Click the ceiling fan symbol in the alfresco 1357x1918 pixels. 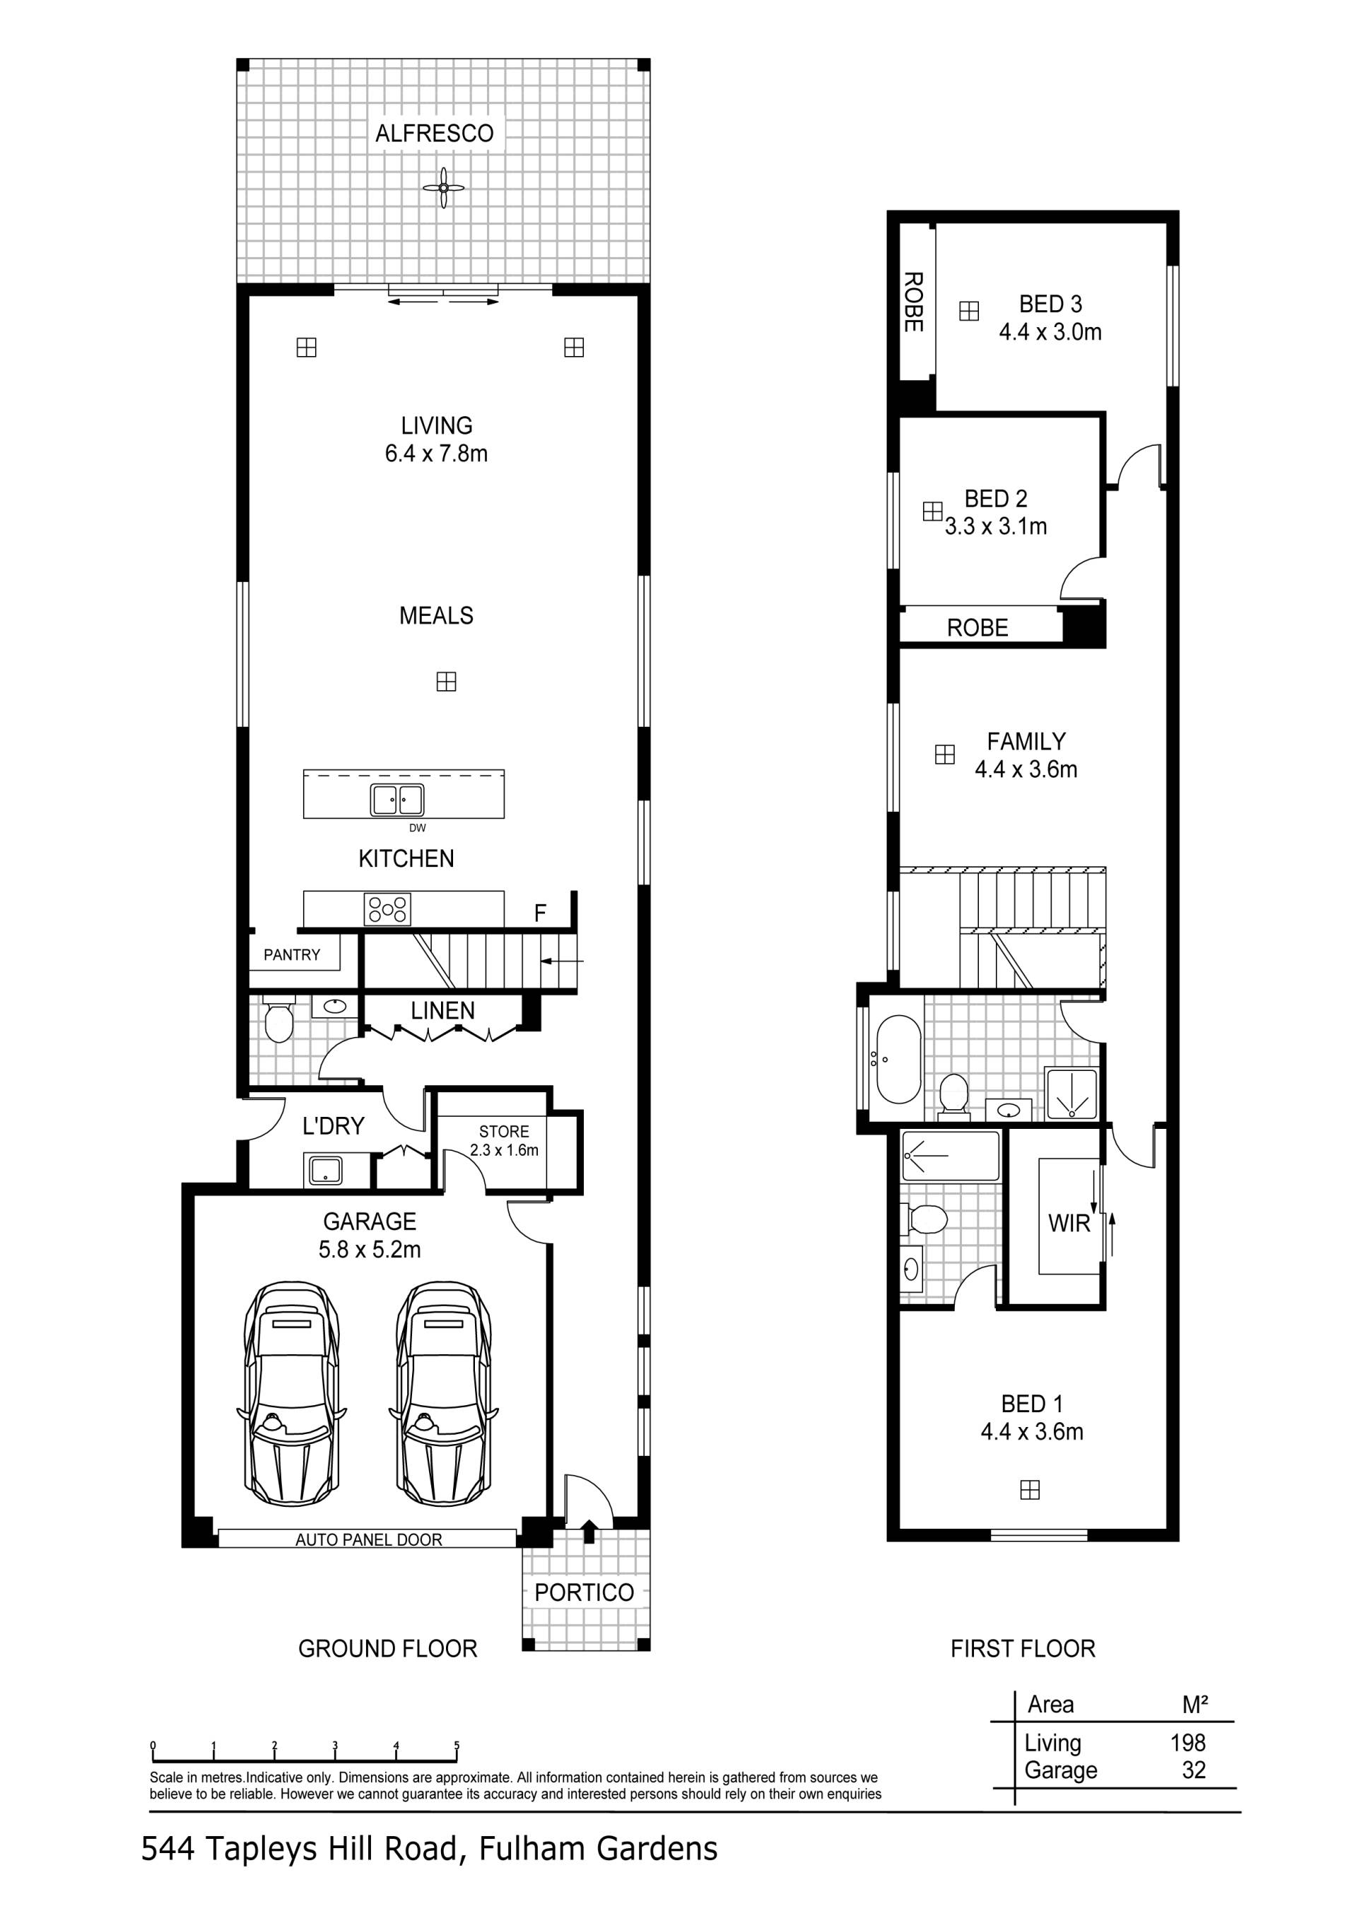click(x=443, y=188)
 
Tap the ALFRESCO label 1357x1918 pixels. click(x=435, y=133)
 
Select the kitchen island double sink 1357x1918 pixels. click(x=397, y=800)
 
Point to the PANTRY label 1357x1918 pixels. click(x=292, y=955)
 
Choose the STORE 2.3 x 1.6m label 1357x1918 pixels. click(x=504, y=1140)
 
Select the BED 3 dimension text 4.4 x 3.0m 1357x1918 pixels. click(x=1050, y=333)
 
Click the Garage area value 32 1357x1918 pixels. click(x=1194, y=1770)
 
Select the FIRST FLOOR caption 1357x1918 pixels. click(x=1023, y=1648)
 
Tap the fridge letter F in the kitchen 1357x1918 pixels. click(x=540, y=914)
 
